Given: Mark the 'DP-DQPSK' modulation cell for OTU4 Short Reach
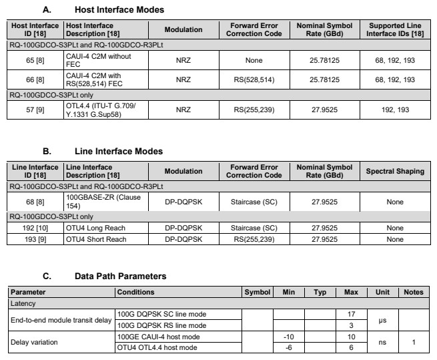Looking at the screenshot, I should coord(183,238).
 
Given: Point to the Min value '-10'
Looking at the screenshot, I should coord(289,337).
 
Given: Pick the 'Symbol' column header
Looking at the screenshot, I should coord(257,292).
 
